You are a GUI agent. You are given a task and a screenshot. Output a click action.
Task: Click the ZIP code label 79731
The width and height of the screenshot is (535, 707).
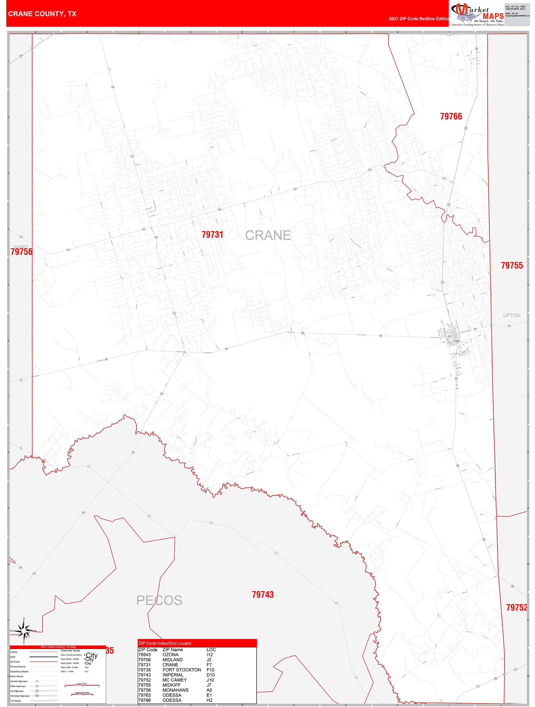[x=212, y=235]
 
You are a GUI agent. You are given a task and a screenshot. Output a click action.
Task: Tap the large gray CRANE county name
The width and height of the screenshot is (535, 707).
[x=268, y=235]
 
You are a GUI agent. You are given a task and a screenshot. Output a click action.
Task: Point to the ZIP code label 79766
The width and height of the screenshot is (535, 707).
[x=451, y=116]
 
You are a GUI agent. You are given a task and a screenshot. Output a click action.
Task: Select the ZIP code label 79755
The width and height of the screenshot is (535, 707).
[x=511, y=265]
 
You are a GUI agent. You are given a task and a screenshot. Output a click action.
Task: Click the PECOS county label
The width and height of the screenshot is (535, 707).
[x=159, y=600]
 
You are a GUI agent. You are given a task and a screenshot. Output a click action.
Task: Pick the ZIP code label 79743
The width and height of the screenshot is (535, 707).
[x=262, y=594]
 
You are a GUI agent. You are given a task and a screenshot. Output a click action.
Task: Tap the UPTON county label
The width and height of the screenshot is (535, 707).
[x=511, y=315]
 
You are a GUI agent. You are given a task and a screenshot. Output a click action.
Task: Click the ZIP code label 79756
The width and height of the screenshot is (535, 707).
[x=21, y=252]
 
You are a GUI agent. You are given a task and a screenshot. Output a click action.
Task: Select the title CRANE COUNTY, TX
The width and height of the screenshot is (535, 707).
[x=42, y=14]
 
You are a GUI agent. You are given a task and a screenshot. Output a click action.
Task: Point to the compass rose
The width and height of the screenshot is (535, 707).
[x=24, y=631]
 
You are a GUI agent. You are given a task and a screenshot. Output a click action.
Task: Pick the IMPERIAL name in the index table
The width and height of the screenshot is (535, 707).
[x=173, y=675]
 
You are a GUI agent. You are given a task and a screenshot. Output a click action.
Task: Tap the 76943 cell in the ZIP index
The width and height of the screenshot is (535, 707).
[x=144, y=655]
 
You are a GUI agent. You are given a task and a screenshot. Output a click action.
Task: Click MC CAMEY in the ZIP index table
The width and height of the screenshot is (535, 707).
[x=175, y=680]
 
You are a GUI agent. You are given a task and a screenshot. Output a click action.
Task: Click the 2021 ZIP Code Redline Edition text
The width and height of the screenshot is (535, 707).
[x=419, y=18]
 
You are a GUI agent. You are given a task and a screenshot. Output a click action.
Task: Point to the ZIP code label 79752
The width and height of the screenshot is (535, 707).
[x=516, y=607]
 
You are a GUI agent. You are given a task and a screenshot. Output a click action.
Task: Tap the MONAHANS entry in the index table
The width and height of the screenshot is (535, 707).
[x=175, y=690]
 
